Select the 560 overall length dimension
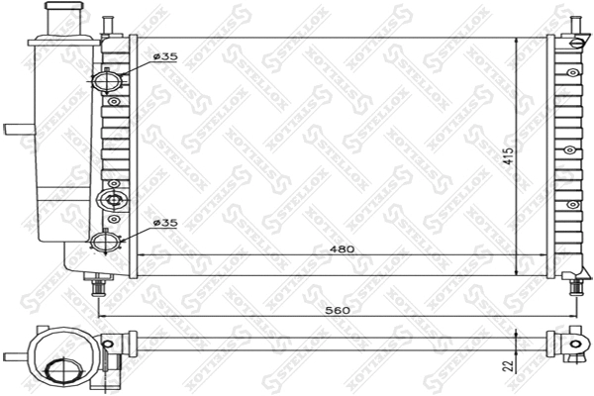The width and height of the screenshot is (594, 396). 339,310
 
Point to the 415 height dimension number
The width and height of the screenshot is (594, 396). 507,158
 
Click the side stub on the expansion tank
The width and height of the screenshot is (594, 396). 18,129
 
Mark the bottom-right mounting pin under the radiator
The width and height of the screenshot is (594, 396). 576,285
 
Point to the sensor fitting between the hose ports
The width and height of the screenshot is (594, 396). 112,201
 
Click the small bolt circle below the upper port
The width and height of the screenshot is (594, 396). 115,101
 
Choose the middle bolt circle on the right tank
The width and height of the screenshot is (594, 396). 570,149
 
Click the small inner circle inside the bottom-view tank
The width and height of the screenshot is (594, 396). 61,370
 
